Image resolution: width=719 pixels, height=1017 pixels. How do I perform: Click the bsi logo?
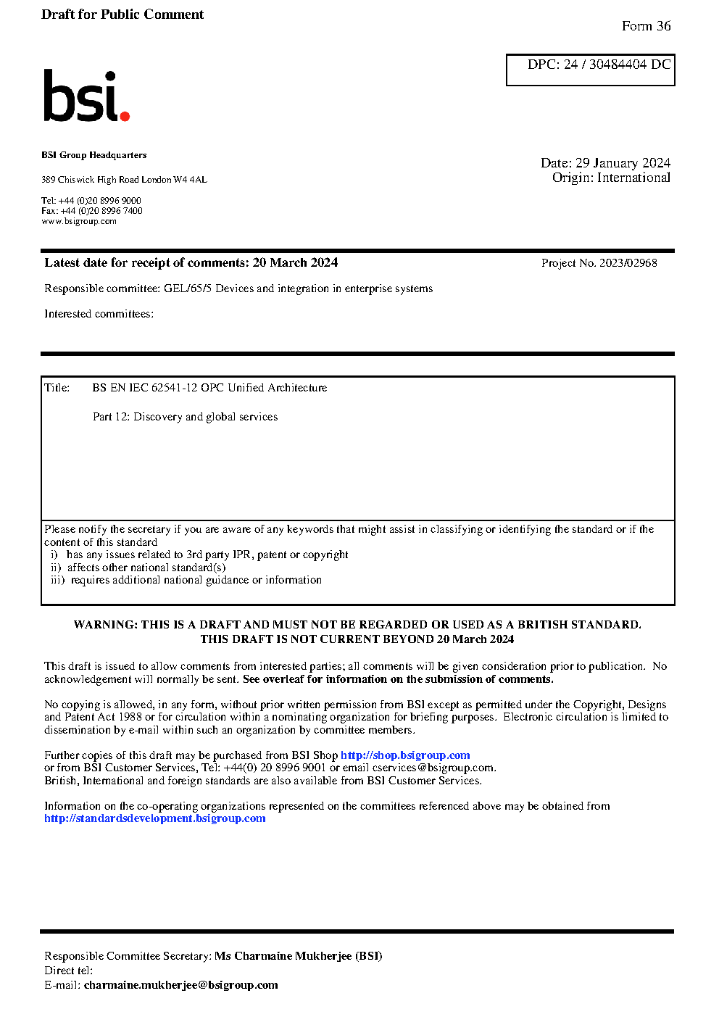86,96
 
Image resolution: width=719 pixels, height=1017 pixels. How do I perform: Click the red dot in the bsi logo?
125,115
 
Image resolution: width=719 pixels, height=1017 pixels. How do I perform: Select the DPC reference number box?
590,70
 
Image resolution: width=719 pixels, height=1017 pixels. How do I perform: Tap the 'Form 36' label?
646,26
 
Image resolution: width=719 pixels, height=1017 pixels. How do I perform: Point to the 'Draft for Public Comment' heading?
122,14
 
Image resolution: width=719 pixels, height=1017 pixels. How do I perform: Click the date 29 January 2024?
623,163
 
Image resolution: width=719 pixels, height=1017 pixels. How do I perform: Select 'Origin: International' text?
611,178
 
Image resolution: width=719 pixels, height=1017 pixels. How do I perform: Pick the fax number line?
92,211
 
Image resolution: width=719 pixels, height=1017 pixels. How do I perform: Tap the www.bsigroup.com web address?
79,221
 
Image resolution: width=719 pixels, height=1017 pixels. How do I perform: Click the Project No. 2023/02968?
599,263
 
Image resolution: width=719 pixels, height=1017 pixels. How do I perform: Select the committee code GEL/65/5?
188,289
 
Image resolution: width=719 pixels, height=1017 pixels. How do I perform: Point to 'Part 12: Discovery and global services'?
185,417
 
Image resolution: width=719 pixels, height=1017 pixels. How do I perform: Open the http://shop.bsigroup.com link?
405,755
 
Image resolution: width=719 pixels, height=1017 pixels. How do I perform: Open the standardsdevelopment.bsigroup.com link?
155,818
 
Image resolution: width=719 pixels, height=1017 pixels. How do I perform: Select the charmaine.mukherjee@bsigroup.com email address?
180,985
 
